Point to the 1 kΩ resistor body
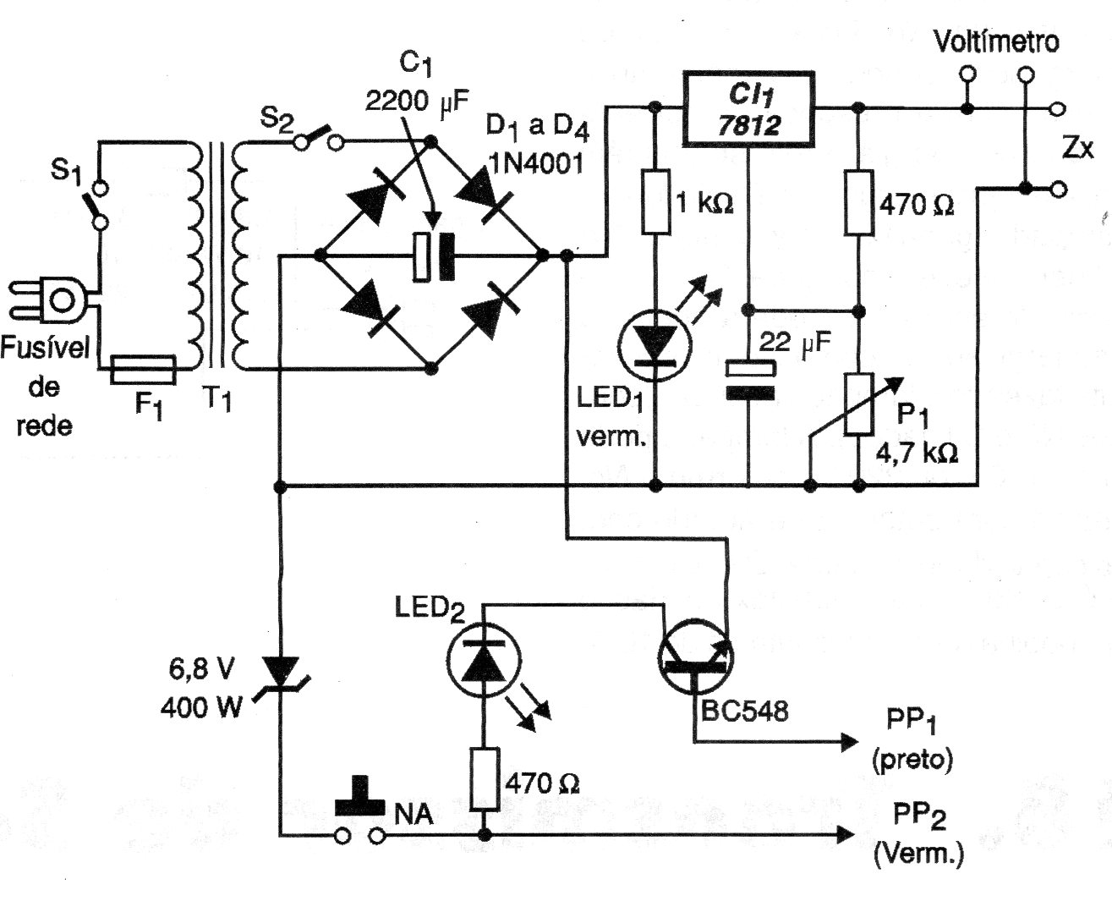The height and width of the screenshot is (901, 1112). click(655, 202)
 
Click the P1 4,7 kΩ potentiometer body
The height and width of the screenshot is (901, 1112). click(859, 404)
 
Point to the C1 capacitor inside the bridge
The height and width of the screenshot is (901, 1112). click(432, 255)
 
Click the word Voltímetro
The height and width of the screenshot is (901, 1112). click(995, 41)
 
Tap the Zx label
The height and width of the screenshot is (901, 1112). click(1075, 149)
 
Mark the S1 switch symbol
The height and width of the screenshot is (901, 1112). click(99, 202)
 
